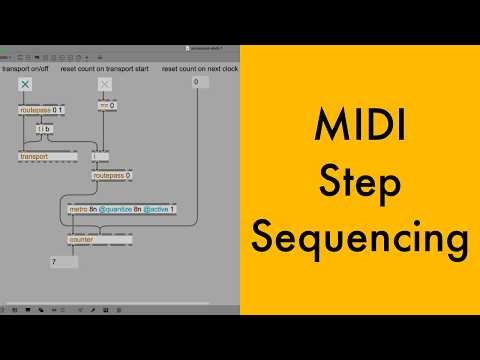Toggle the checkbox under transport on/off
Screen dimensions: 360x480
[x=26, y=86]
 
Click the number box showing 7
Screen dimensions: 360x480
[x=62, y=262]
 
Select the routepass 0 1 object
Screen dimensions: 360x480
[x=41, y=109]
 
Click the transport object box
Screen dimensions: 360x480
[x=40, y=156]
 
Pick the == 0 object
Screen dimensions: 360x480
[x=106, y=105]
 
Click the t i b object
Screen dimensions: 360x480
[x=43, y=129]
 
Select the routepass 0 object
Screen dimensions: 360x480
[x=112, y=175]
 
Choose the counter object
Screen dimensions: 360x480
[x=83, y=240]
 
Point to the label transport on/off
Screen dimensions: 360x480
[x=27, y=69]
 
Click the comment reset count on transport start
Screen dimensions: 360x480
[x=104, y=69]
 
